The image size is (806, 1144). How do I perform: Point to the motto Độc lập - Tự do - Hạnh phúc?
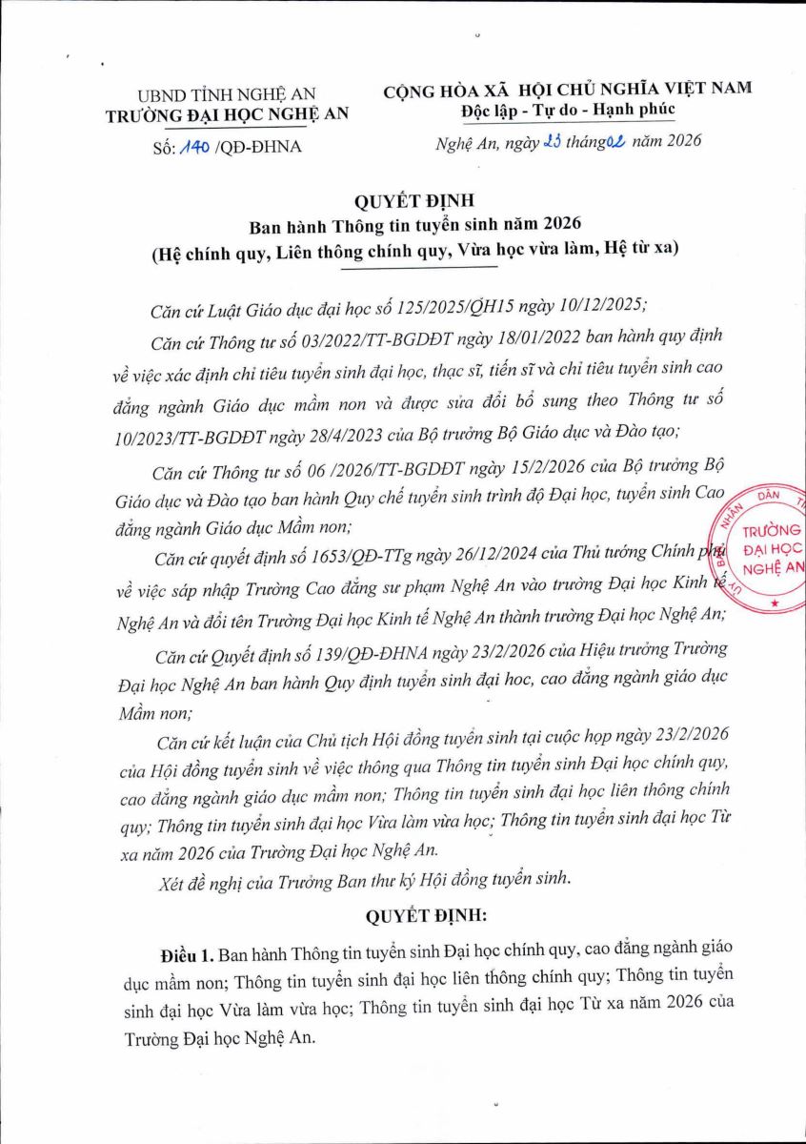[x=568, y=109]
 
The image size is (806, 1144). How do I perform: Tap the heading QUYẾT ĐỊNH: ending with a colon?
[x=426, y=916]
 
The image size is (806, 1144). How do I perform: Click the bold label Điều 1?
[x=188, y=954]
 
